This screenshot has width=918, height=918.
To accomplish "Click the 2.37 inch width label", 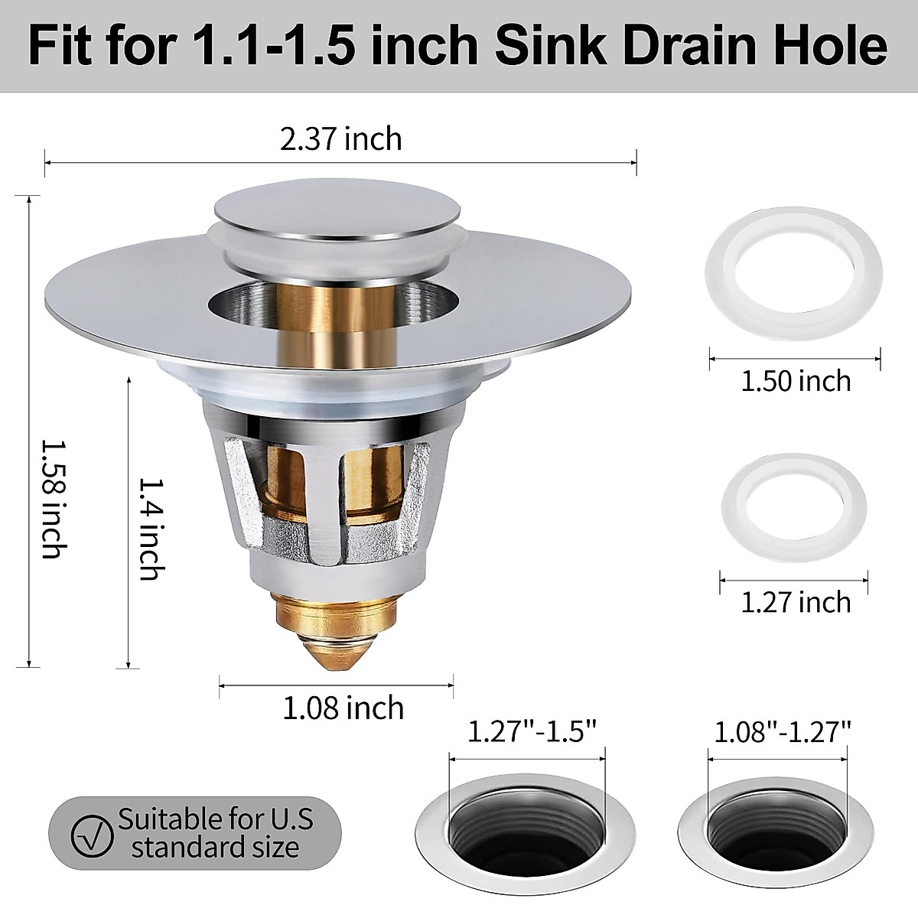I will click(340, 139).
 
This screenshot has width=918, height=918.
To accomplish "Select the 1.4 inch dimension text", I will click(148, 528).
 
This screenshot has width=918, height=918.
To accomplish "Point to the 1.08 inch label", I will click(343, 708).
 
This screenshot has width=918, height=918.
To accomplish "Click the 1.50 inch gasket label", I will click(796, 380).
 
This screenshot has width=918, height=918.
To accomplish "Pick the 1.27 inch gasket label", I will click(796, 602).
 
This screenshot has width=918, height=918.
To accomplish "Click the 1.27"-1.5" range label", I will click(531, 732).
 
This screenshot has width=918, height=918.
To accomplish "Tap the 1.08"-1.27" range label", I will click(783, 732).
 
